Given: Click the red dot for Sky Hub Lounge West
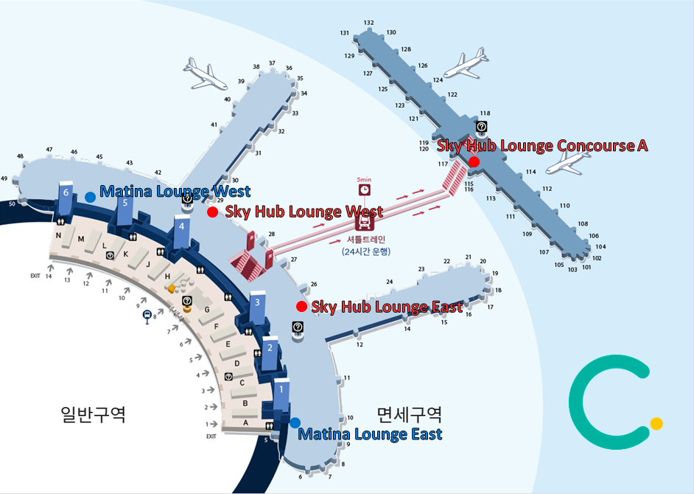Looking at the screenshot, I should pos(212,212).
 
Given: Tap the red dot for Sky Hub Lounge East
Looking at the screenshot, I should pos(301,306).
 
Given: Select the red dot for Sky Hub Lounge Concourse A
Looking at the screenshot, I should pos(474,161).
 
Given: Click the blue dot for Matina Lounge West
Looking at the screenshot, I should pos(90,197).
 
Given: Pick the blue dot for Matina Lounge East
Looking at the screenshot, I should pos(295,422).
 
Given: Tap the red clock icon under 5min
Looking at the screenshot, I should pos(364,191).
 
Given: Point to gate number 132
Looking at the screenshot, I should pos(369,24).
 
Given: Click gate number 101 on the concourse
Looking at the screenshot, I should pos(586,268).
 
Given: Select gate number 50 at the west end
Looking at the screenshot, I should pos(12,203).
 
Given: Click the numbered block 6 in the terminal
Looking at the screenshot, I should pos(67,192).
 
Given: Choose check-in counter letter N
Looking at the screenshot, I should pos(58,235).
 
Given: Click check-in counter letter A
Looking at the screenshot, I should pos(246,422).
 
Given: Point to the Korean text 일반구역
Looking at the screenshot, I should pos(93,414).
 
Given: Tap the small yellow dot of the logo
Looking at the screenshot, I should pos(656,423).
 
